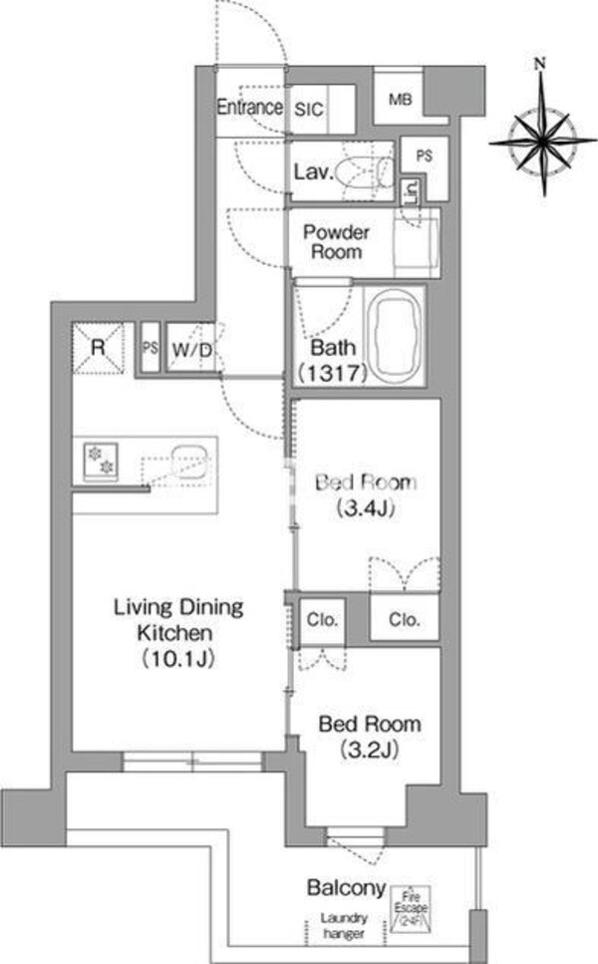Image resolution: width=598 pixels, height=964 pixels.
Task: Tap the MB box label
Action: tap(401, 100)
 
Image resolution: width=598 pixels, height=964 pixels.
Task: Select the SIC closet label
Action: tap(307, 111)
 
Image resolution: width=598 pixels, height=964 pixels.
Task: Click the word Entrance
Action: tap(250, 107)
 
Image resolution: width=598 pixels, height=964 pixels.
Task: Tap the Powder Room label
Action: tap(336, 242)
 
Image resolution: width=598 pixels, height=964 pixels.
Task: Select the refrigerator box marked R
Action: tap(99, 348)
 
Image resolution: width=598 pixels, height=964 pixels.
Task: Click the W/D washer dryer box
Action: tap(190, 350)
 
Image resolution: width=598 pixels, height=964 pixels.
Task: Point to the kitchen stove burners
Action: tap(101, 460)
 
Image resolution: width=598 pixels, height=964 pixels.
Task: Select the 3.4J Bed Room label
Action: tap(365, 495)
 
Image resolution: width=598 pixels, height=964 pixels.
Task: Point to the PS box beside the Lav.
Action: tap(425, 157)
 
